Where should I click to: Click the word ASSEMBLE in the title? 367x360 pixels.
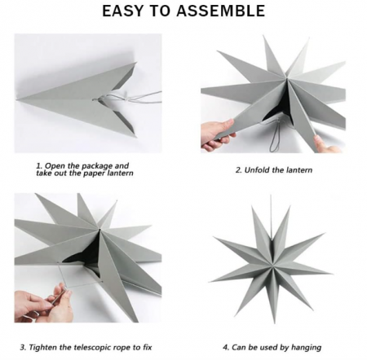[220, 11]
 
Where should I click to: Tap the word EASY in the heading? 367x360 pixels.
[122, 11]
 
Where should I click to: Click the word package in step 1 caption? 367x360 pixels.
[97, 166]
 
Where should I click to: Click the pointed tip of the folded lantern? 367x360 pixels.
[17, 100]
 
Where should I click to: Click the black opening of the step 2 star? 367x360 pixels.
[276, 108]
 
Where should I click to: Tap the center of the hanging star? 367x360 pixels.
[272, 265]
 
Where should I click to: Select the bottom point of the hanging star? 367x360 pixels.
[274, 323]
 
